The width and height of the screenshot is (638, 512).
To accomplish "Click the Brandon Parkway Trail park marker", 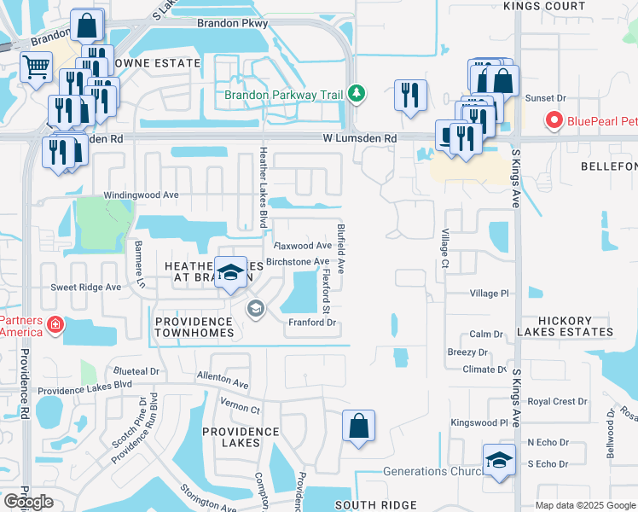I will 358,95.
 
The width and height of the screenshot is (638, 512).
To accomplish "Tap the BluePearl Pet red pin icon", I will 554,120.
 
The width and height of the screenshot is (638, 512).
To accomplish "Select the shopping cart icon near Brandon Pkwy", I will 36,67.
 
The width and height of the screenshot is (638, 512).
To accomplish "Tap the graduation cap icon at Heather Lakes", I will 229,273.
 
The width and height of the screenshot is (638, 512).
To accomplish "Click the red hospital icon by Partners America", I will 55,323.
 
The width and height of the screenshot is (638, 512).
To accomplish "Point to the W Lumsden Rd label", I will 360,138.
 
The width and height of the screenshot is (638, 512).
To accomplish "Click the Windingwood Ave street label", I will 141,195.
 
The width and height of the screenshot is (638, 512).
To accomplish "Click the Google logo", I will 28,502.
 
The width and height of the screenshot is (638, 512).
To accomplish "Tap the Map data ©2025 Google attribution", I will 585,505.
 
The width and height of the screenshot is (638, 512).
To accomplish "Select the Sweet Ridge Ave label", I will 86,288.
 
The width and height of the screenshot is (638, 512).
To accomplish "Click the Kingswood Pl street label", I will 479,422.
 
